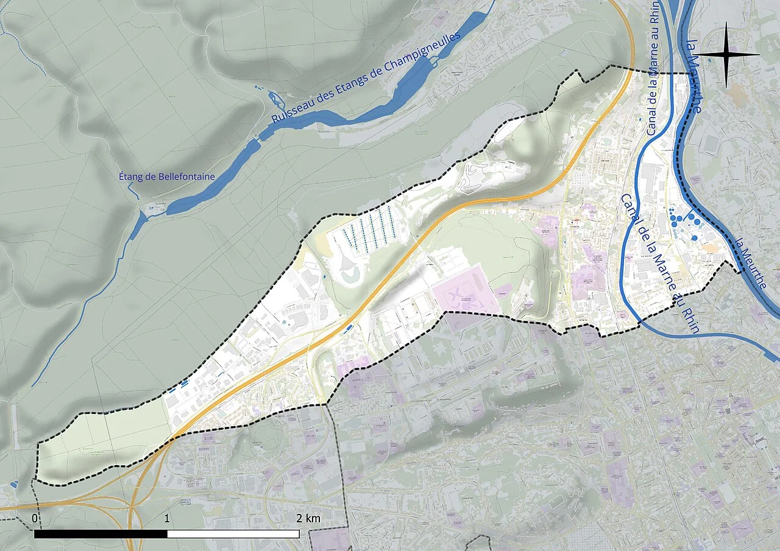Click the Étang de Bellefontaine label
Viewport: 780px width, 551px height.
tap(167, 177)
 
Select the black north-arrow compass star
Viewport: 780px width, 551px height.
tap(727, 55)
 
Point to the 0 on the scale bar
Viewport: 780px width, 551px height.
tap(35, 518)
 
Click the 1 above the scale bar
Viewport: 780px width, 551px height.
tap(167, 518)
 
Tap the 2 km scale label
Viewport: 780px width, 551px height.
tap(308, 518)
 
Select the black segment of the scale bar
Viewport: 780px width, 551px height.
tap(101, 534)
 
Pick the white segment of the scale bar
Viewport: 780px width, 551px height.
tap(233, 534)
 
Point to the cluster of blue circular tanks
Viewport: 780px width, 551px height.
tap(681, 219)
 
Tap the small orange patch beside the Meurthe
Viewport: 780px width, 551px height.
tap(709, 248)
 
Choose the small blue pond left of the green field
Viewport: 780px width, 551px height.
tap(13, 485)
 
